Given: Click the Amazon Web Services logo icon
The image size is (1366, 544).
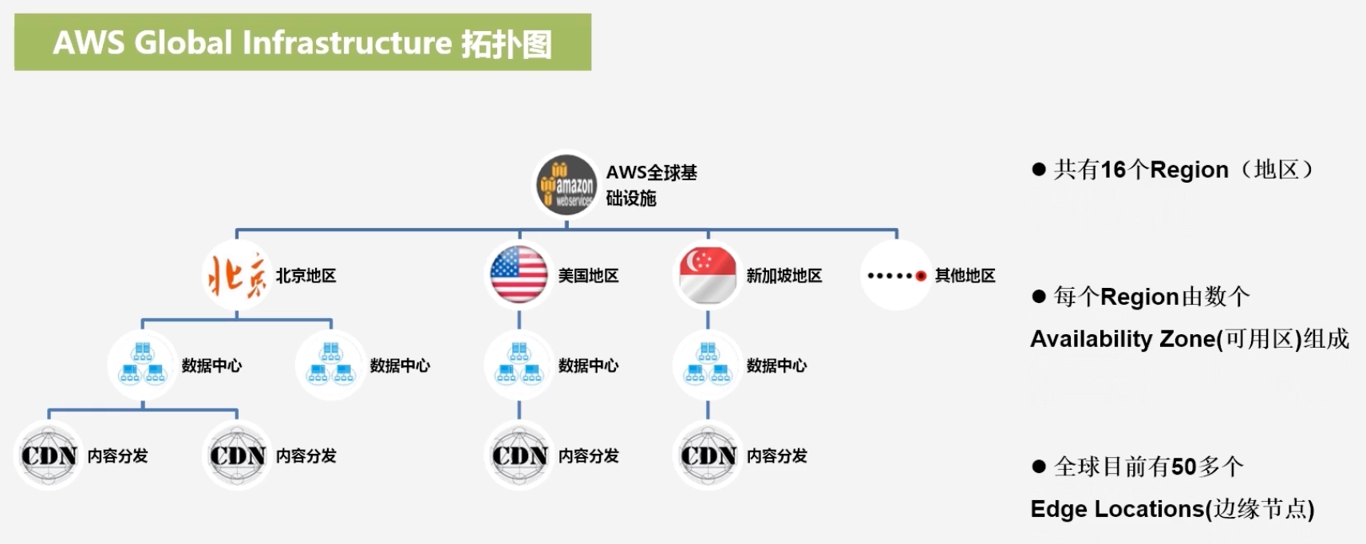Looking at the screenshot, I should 566,185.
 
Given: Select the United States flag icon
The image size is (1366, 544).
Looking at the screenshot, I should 519,275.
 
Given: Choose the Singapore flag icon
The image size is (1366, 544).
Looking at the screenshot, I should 707,275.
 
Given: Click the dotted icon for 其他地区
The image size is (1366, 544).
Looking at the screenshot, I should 896,276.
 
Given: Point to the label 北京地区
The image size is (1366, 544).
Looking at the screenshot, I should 306,276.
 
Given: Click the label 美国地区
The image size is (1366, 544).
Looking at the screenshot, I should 588,276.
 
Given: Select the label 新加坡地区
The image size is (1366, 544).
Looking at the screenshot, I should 784,276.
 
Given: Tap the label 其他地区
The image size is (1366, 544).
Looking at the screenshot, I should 965,276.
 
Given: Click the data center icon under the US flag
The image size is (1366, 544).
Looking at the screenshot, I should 519,365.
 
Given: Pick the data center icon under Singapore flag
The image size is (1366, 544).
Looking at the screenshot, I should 707,365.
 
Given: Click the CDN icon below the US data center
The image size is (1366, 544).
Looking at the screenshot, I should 519,455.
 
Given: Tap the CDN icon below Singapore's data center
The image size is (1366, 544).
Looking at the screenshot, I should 707,455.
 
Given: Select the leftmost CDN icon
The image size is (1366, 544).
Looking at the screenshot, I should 49,455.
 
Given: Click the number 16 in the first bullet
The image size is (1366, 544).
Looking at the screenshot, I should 1113,170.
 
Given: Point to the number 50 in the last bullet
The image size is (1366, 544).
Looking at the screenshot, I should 1183,467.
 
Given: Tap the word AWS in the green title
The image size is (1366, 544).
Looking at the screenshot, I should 88,43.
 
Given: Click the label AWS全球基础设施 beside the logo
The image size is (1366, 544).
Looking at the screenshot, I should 650,185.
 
